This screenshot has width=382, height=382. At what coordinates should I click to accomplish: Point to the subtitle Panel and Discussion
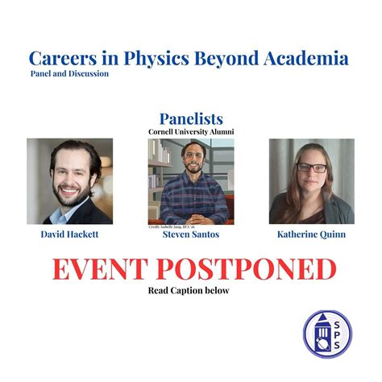point(69,74)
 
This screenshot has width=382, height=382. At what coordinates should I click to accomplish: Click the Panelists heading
point(191,118)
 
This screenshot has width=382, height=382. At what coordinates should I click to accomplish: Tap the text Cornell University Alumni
point(191,131)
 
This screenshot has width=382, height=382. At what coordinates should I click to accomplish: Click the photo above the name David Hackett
point(69,181)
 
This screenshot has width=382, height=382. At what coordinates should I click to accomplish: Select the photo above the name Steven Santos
point(191,181)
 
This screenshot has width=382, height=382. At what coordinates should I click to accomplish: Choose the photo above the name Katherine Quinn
point(311,181)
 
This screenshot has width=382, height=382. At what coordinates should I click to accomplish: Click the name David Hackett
point(70,235)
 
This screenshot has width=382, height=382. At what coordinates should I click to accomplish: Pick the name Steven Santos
point(191,235)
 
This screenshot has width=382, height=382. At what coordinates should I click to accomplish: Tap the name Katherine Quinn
point(311,235)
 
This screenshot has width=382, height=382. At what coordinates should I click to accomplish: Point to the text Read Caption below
point(191,290)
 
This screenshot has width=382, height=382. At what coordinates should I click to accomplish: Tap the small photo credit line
point(172,227)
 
